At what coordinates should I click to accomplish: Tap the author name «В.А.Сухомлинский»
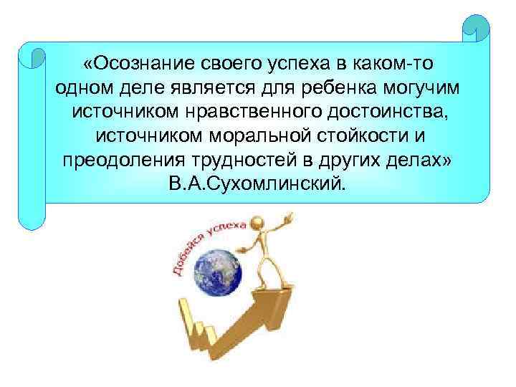(257, 184)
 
